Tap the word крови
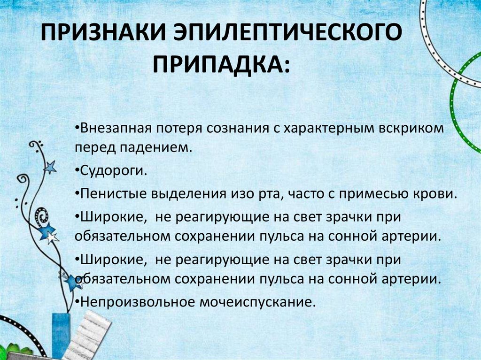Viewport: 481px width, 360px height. point(437,193)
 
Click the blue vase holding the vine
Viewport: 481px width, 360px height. point(60,335)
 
